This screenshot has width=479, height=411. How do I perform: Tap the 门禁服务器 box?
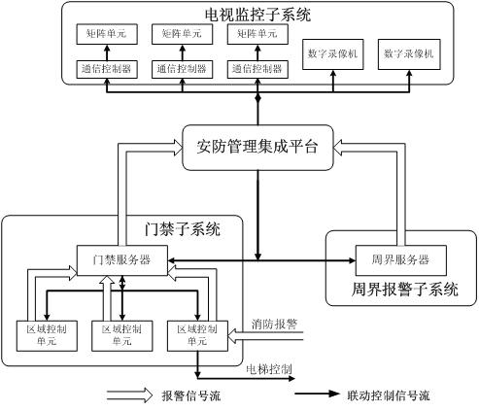point(122,260)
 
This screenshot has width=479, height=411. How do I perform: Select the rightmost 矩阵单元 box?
point(255,34)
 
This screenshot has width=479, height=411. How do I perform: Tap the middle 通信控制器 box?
point(180,69)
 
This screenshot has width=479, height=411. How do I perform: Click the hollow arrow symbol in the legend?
point(129,395)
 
